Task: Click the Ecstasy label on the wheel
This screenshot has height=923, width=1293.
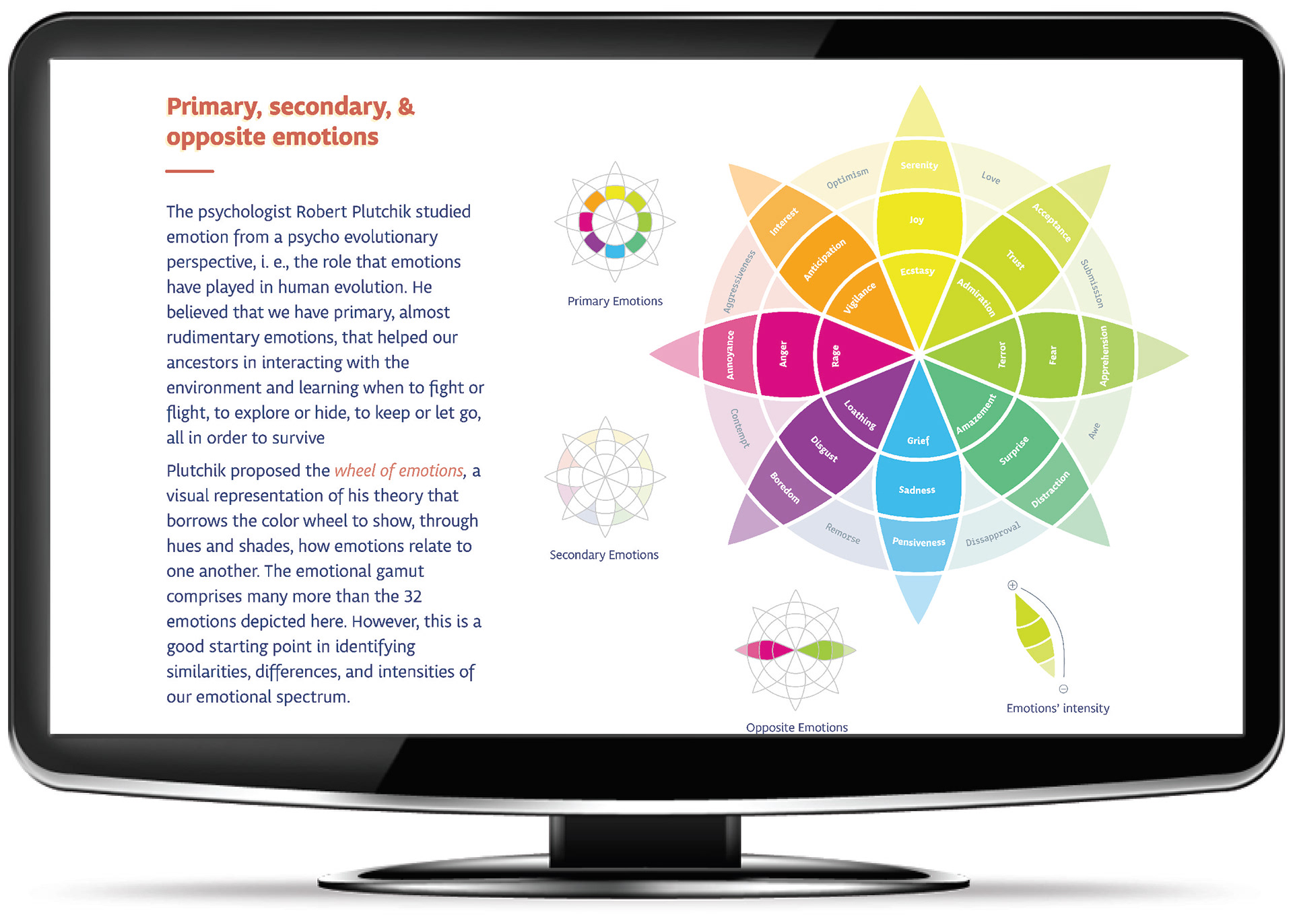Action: [x=917, y=271]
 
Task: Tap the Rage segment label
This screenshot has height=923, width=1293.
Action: [x=836, y=355]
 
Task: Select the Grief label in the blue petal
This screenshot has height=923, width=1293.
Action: [x=918, y=440]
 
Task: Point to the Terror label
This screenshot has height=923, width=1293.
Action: [x=1002, y=355]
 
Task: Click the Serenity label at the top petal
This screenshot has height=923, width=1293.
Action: [x=919, y=165]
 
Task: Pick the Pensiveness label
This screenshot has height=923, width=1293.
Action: [x=919, y=542]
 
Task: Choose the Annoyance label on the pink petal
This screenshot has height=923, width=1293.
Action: [x=730, y=355]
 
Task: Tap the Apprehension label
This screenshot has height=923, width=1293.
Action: [x=1104, y=355]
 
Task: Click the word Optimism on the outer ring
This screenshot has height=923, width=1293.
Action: [x=847, y=178]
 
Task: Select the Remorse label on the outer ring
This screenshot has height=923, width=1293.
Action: [x=843, y=533]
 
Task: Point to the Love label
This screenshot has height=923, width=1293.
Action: [x=991, y=177]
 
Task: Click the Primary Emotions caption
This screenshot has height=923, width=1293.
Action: [x=615, y=301]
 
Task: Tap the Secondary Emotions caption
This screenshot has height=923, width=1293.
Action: [x=604, y=555]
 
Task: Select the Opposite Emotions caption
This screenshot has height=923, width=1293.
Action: [x=797, y=727]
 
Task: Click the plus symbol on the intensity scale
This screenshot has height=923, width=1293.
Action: [x=1012, y=585]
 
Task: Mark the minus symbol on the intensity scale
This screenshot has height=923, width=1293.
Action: [x=1063, y=689]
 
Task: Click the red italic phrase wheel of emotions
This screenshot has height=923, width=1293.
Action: [x=399, y=471]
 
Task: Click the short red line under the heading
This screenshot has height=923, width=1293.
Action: [x=189, y=171]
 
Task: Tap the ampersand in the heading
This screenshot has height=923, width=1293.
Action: [x=406, y=106]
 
